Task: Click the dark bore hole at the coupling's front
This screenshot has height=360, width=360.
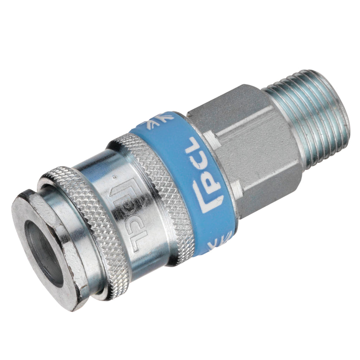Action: coord(44,254)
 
